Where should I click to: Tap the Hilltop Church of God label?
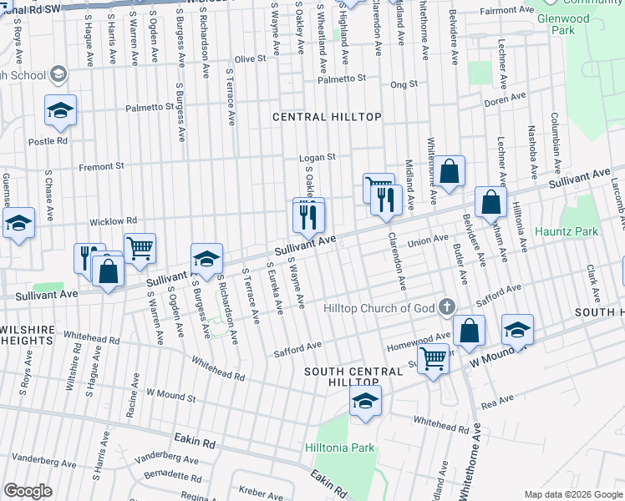pyautogui.click(x=379, y=308)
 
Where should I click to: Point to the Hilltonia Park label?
pyautogui.click(x=340, y=448)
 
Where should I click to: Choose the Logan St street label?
pyautogui.click(x=318, y=157)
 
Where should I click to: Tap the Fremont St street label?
pyautogui.click(x=101, y=166)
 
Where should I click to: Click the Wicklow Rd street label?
pyautogui.click(x=114, y=221)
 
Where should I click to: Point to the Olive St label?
pyautogui.click(x=250, y=59)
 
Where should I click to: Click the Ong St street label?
pyautogui.click(x=403, y=84)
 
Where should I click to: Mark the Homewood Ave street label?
pyautogui.click(x=419, y=342)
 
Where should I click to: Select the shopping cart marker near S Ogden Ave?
pyautogui.click(x=140, y=247)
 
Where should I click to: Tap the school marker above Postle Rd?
pyautogui.click(x=61, y=111)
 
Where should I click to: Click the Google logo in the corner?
pyautogui.click(x=28, y=491)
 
